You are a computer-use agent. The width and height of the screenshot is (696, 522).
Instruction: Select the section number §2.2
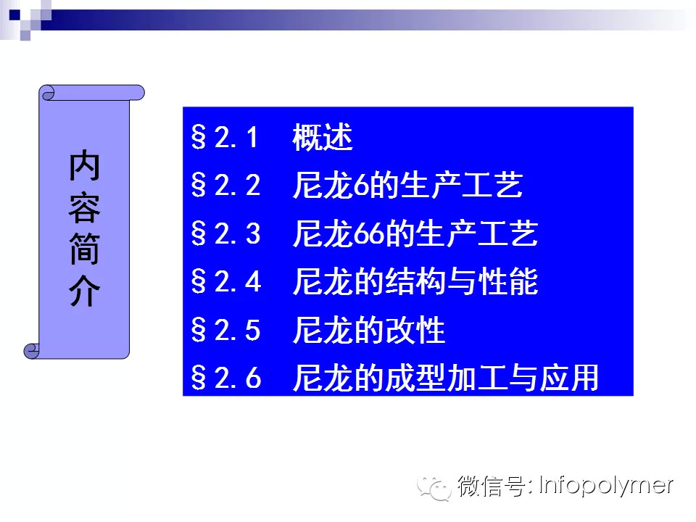pyautogui.click(x=225, y=186)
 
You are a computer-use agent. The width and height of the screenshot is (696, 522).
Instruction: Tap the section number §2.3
pyautogui.click(x=225, y=234)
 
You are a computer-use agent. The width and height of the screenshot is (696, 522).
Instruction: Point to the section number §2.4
pyautogui.click(x=225, y=283)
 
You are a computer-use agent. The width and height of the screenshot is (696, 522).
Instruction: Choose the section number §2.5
pyautogui.click(x=225, y=331)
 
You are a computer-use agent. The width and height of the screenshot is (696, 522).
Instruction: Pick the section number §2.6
pyautogui.click(x=225, y=378)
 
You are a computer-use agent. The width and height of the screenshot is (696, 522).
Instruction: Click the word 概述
pyautogui.click(x=323, y=138)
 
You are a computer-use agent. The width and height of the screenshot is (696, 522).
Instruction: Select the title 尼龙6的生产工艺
pyautogui.click(x=407, y=186)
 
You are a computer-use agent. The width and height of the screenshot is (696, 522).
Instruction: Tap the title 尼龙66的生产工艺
pyautogui.click(x=415, y=234)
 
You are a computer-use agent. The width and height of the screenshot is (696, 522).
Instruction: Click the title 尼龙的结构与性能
pyautogui.click(x=415, y=283)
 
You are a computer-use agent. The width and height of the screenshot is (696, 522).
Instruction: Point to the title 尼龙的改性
pyautogui.click(x=368, y=331)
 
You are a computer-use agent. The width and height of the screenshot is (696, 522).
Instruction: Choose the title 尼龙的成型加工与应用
pyautogui.click(x=446, y=378)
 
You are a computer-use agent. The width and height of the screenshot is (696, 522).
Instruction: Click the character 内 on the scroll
pyautogui.click(x=85, y=167)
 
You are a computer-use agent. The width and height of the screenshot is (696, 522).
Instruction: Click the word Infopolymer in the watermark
pyautogui.click(x=606, y=485)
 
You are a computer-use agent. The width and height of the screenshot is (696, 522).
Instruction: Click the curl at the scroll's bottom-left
pyautogui.click(x=31, y=351)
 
